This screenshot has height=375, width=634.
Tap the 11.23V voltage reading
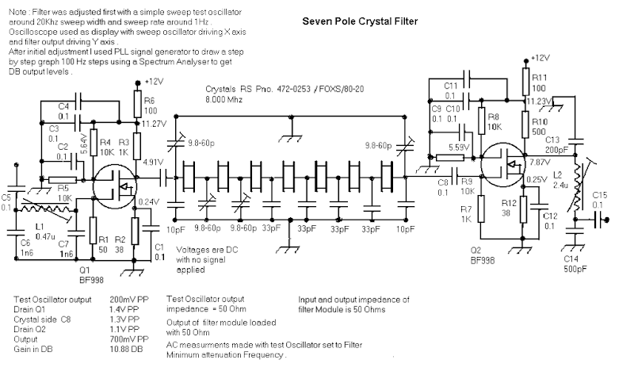(540, 102)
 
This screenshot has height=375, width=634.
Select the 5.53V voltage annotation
(457, 147)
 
